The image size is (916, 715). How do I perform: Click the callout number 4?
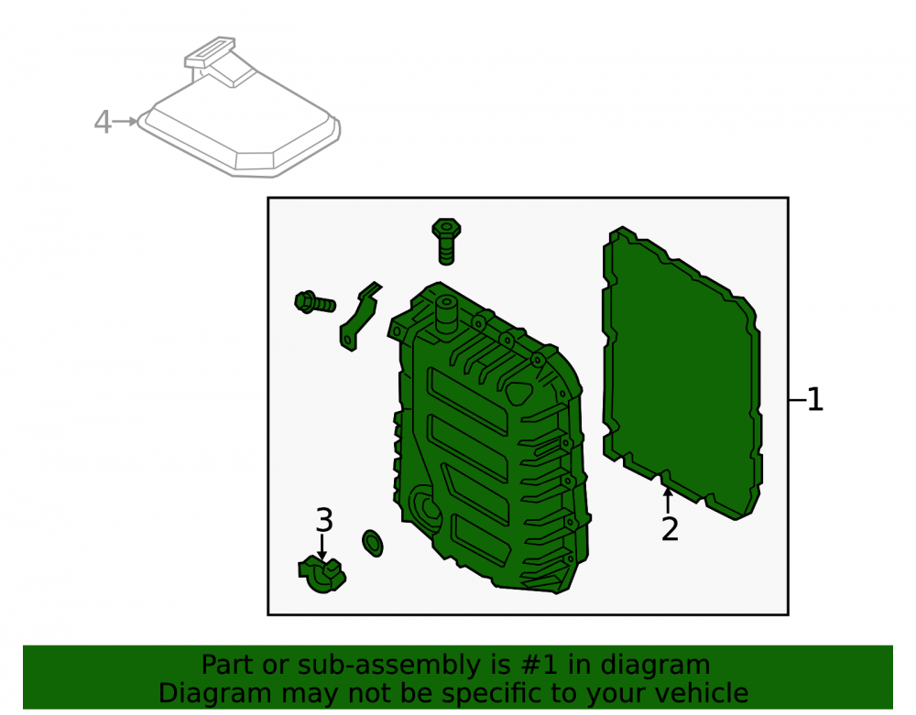(x=103, y=122)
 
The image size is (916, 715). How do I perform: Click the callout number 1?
(x=815, y=400)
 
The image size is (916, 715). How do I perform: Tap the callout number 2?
(x=670, y=529)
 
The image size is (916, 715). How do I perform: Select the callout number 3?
(x=324, y=520)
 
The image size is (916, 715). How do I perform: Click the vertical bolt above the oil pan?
(x=446, y=242)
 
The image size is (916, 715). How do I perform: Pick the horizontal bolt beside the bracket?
(x=315, y=302)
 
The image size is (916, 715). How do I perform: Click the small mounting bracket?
(x=360, y=317)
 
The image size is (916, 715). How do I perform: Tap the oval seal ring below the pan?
(x=373, y=543)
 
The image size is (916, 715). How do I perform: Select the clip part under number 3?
(x=322, y=575)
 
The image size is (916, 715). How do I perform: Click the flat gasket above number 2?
(x=682, y=374)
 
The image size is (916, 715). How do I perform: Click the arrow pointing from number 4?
(x=125, y=122)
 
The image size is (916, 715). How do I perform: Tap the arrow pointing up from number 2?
(x=668, y=501)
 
